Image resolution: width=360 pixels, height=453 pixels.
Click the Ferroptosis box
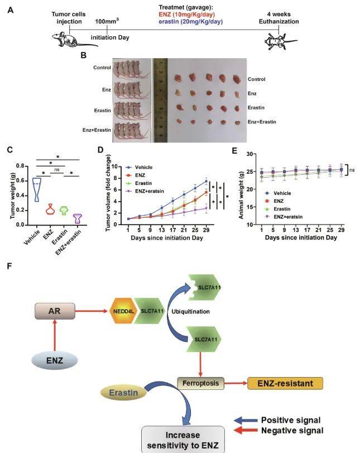[x=200, y=384]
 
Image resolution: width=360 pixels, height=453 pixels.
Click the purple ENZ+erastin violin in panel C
[x=78, y=218]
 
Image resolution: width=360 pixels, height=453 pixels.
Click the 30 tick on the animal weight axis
[x=252, y=152]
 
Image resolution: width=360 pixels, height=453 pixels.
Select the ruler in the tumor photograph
[x=160, y=99]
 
